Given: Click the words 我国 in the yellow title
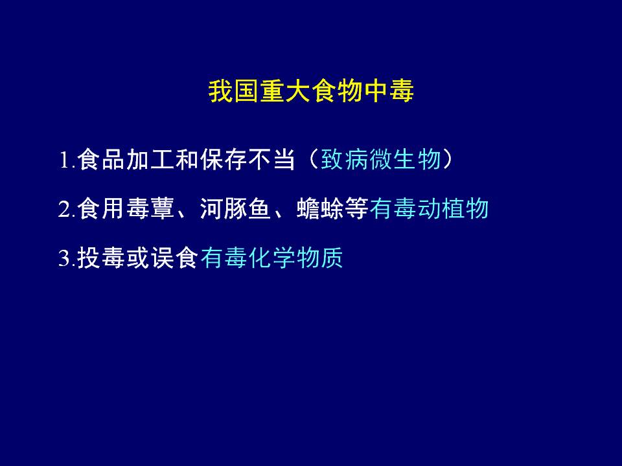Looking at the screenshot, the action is click(234, 91).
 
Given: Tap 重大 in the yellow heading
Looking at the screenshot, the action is click(286, 91).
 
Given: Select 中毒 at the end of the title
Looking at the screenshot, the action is click(389, 91).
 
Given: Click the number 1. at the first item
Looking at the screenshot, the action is click(67, 161).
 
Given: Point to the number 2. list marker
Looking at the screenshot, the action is click(67, 209).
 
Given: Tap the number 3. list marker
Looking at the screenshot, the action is click(67, 258).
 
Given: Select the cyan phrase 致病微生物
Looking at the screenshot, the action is click(381, 160).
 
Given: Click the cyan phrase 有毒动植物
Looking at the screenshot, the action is click(429, 208).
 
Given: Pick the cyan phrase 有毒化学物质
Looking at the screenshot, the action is click(271, 258).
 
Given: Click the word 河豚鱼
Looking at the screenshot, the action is click(235, 208).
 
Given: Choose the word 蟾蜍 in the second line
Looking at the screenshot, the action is click(321, 208).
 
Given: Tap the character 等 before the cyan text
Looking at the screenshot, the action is click(357, 208).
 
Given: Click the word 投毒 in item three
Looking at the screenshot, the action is click(101, 258).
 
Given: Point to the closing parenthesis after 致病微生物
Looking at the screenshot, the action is click(448, 160).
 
